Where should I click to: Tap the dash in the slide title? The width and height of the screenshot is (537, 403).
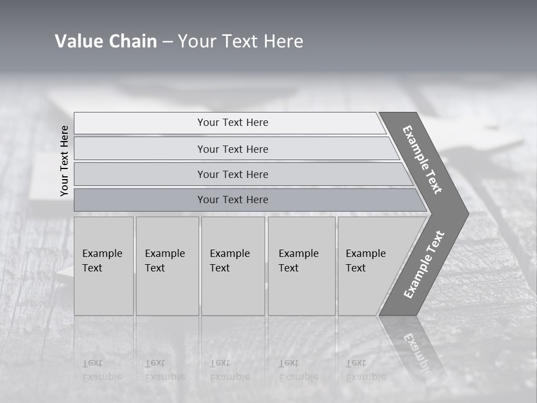pyautogui.click(x=167, y=42)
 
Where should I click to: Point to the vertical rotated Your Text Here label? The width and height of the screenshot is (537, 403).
pyautogui.click(x=64, y=161)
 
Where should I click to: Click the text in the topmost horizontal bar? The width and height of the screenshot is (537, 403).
pyautogui.click(x=233, y=123)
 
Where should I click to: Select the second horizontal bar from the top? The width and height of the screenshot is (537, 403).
pyautogui.click(x=233, y=149)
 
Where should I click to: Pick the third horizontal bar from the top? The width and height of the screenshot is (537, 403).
pyautogui.click(x=233, y=175)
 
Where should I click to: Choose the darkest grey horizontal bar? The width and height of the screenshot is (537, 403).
pyautogui.click(x=233, y=200)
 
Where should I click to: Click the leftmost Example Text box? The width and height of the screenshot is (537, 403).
pyautogui.click(x=103, y=266)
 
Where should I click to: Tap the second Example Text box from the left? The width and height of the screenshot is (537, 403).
pyautogui.click(x=167, y=266)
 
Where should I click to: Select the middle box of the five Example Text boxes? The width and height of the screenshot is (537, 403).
pyautogui.click(x=232, y=266)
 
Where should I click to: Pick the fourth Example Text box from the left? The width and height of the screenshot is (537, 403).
pyautogui.click(x=301, y=266)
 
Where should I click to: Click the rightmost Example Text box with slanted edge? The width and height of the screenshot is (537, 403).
pyautogui.click(x=369, y=266)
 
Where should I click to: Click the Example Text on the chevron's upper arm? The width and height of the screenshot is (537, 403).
pyautogui.click(x=422, y=160)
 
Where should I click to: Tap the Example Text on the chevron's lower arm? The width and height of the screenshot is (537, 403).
pyautogui.click(x=424, y=264)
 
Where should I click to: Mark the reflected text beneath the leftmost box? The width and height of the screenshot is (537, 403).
pyautogui.click(x=102, y=370)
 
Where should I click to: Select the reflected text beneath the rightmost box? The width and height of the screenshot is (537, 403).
pyautogui.click(x=365, y=370)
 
